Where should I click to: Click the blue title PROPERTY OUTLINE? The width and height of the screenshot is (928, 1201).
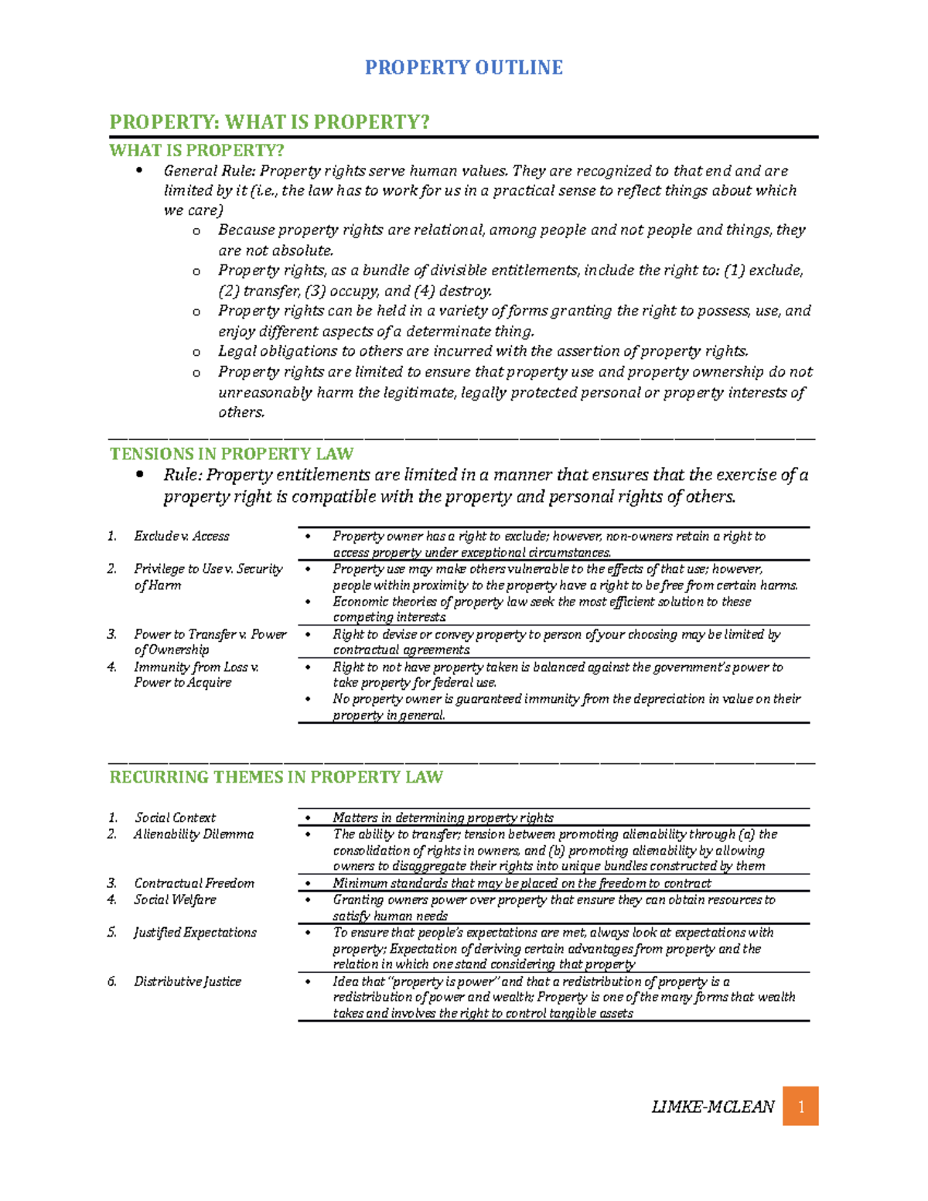pos(463,68)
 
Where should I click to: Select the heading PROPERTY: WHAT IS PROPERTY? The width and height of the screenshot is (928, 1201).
pos(269,122)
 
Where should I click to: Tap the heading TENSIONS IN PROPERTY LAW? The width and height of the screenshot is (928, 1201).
pos(231,454)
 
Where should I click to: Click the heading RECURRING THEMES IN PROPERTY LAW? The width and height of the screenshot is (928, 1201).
pos(276,777)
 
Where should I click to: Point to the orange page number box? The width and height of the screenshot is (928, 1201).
pos(800,1107)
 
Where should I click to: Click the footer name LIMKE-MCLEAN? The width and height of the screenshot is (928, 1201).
pos(712,1107)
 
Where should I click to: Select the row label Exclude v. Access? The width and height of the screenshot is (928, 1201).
pos(181,536)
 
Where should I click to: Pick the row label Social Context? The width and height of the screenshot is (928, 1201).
pos(175,817)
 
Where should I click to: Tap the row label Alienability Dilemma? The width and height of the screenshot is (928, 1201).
pos(193,834)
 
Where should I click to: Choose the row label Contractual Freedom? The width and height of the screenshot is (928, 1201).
pos(194,883)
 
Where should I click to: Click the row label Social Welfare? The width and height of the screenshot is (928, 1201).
pos(175,899)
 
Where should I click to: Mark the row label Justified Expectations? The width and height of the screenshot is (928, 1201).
pos(195,933)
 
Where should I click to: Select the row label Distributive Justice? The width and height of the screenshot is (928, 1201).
pos(187,981)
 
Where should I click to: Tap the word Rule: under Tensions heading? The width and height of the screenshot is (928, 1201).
pos(183,475)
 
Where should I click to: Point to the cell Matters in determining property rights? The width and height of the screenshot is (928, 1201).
pos(443,817)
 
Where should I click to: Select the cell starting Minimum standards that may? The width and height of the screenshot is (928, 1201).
pos(522,883)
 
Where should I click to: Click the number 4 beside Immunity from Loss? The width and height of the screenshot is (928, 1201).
pos(111,667)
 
